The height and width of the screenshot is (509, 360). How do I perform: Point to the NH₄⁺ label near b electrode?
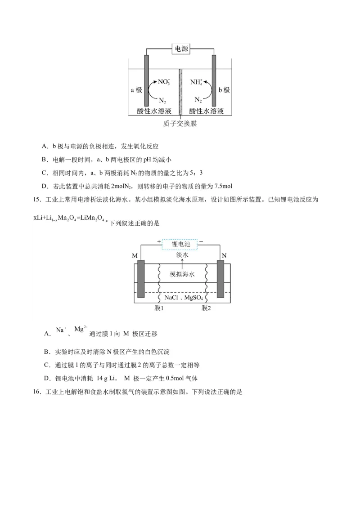(x=197, y=82)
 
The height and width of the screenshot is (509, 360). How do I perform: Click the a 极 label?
(x=136, y=90)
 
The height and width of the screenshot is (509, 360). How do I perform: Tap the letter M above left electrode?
(x=135, y=255)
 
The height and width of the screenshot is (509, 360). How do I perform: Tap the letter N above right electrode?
(x=224, y=255)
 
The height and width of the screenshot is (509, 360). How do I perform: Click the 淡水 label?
(x=182, y=255)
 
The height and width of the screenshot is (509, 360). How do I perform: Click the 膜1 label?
(x=158, y=308)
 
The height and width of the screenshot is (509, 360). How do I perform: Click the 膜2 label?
(x=206, y=308)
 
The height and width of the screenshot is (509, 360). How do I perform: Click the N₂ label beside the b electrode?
(x=198, y=99)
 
